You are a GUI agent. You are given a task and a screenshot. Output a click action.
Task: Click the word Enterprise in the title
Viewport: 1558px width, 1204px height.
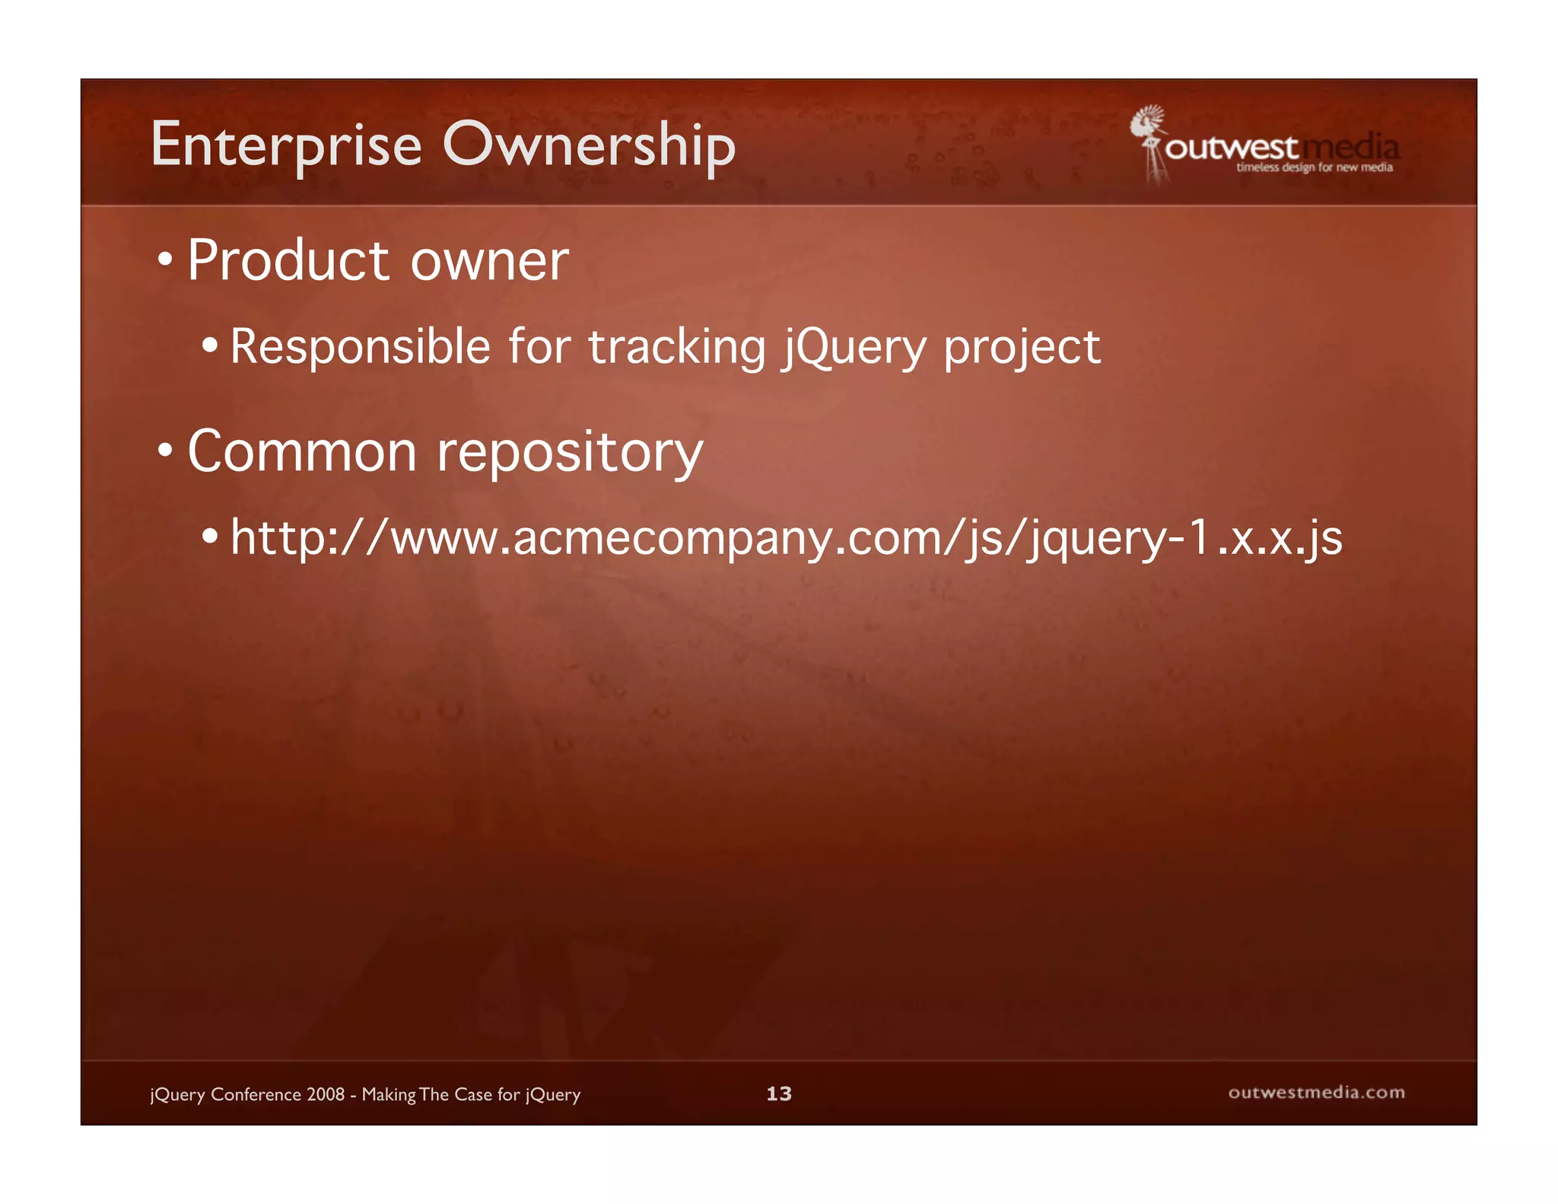click(286, 145)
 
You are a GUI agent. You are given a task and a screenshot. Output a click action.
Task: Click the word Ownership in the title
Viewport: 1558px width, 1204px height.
click(589, 145)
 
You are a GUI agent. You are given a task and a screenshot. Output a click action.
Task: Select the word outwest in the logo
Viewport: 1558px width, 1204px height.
click(1231, 148)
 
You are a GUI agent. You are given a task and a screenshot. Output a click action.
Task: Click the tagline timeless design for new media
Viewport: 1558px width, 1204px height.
click(1314, 167)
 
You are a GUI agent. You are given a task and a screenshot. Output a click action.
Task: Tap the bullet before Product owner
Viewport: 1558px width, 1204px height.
click(165, 261)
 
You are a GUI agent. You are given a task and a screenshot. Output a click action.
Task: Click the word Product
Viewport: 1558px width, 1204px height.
click(288, 261)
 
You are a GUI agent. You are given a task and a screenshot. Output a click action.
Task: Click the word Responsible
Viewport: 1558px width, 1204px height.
click(360, 347)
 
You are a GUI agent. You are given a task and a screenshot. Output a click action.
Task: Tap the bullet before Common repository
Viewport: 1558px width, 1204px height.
click(165, 451)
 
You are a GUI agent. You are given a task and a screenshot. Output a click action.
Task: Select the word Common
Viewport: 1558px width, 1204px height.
click(302, 452)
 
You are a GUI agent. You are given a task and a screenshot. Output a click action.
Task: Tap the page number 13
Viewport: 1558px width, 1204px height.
click(778, 1094)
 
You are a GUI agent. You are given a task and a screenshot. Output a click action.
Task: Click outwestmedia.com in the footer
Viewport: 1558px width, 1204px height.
click(1316, 1093)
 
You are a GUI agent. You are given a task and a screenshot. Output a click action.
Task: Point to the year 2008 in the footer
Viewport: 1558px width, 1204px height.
click(326, 1094)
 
